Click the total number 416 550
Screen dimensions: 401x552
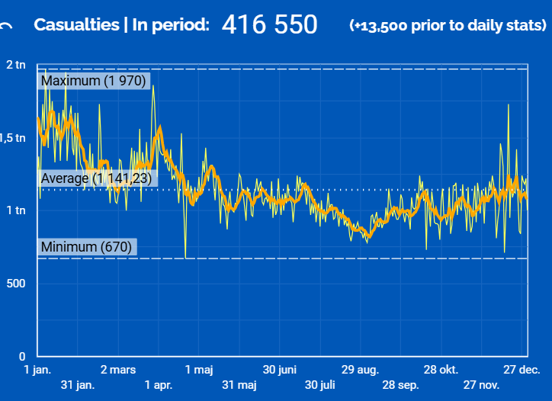[x=269, y=24]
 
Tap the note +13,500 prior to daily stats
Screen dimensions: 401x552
[x=448, y=25]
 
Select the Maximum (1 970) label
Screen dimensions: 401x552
[x=93, y=81]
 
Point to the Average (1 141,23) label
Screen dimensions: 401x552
[x=97, y=178]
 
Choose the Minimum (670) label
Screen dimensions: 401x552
[x=87, y=247]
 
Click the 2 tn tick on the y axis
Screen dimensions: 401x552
[x=16, y=65]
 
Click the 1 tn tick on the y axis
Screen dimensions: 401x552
[x=16, y=210]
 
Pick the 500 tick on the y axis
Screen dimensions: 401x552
[x=16, y=284]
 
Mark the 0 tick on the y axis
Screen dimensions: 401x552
[x=22, y=356]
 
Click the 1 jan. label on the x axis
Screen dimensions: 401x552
[x=37, y=371]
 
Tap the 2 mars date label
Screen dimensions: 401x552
[x=118, y=371]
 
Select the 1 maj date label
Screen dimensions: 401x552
[x=200, y=371]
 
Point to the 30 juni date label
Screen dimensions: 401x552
[x=280, y=371]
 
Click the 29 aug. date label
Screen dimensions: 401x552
[x=360, y=371]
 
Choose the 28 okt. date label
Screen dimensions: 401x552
[x=441, y=371]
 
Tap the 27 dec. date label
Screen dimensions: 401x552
[x=522, y=371]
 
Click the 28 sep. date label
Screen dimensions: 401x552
[x=400, y=385]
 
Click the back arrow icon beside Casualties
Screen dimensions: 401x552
[x=7, y=26]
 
